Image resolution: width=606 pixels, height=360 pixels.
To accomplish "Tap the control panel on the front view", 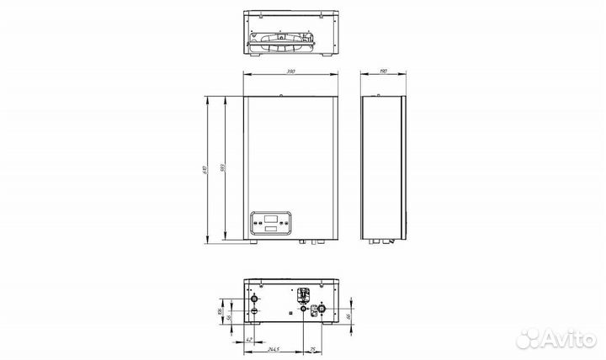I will pyautogui.click(x=270, y=224).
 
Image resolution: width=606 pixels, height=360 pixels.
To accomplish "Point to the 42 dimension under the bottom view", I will pyautogui.click(x=249, y=340).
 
